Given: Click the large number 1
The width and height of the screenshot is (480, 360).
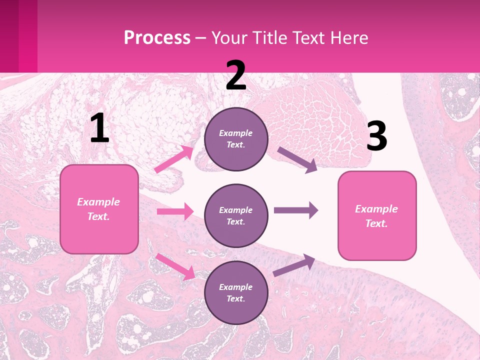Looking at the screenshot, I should pos(99,128).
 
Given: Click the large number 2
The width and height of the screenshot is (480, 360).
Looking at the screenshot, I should pos(235,75).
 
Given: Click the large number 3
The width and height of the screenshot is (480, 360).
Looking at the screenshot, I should pos(376,136).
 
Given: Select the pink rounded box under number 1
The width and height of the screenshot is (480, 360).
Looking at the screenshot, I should pos(99,209).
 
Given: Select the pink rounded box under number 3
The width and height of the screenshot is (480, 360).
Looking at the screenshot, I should pos(377,215).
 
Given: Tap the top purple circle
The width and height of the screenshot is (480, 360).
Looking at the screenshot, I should pos(236,139).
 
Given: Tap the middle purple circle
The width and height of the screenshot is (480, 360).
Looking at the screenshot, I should pos(236,215).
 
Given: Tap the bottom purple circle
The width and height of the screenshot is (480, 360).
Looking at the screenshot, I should pos(236,292).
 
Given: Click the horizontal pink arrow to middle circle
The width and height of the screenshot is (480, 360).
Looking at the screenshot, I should pos(175,211).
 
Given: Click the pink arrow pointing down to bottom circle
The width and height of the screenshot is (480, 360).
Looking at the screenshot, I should pos(175,266).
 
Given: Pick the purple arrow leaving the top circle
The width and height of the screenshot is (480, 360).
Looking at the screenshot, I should pos(297,159).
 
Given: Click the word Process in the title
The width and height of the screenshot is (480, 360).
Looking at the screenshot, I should pos(157,37).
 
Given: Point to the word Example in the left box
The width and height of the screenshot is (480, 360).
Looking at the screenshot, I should pos(98,202).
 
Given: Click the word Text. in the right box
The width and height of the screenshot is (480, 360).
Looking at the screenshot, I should pos(376,223).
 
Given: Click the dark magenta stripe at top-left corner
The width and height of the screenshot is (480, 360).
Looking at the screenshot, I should pos(9,36).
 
